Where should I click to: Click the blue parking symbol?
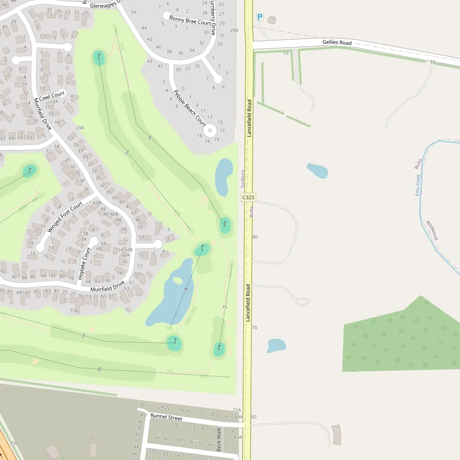click(259, 17)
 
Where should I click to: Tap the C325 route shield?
click(248, 197)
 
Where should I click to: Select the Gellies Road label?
click(337, 43)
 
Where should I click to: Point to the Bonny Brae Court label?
click(190, 20)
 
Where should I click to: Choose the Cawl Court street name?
click(52, 96)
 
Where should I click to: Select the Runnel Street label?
click(167, 418)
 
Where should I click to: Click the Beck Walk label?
click(219, 439)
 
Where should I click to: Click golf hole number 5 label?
click(127, 152)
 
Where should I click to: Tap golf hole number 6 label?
click(149, 138)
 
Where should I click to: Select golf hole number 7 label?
click(224, 307)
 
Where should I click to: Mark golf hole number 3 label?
click(83, 336)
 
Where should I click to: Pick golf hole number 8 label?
click(99, 369)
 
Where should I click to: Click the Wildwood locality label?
click(432, 230)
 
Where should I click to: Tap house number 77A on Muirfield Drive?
click(74, 311)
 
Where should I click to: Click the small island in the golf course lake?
click(177, 281)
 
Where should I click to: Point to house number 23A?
click(80, 128)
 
